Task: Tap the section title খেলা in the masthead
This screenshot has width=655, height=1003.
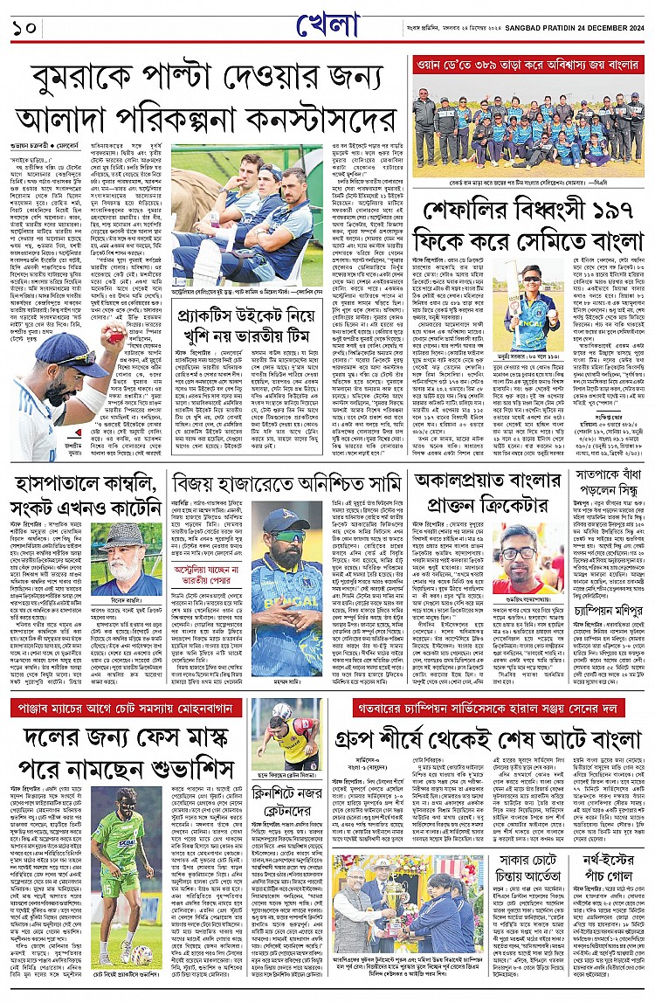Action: pyautogui.click(x=330, y=24)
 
